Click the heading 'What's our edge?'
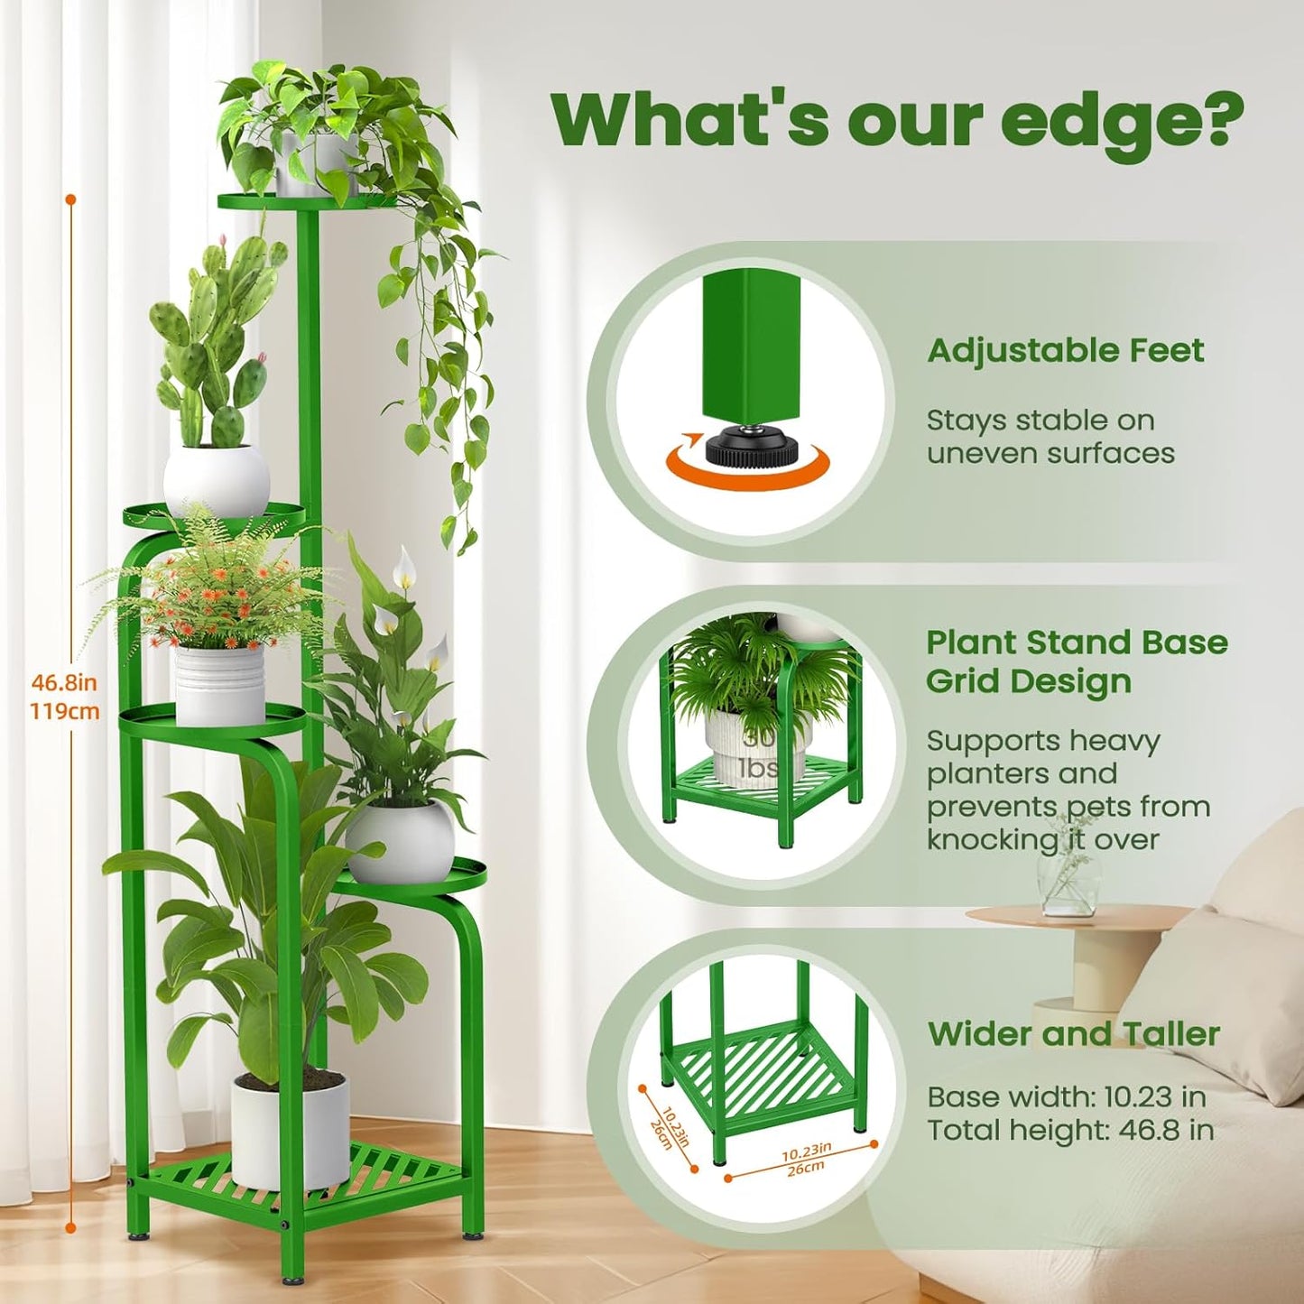pos(897,119)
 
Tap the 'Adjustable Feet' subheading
pos(1065,350)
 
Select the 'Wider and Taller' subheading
pos(1073,1033)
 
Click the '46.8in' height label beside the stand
pos(64,682)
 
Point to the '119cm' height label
pos(64,711)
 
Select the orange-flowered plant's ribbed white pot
pos(219,683)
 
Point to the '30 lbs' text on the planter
pos(758,753)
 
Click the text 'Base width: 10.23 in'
pos(1066,1096)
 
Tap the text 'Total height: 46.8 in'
pos(1069,1130)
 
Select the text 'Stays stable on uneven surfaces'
pos(1050,437)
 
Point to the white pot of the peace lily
pos(400,841)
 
